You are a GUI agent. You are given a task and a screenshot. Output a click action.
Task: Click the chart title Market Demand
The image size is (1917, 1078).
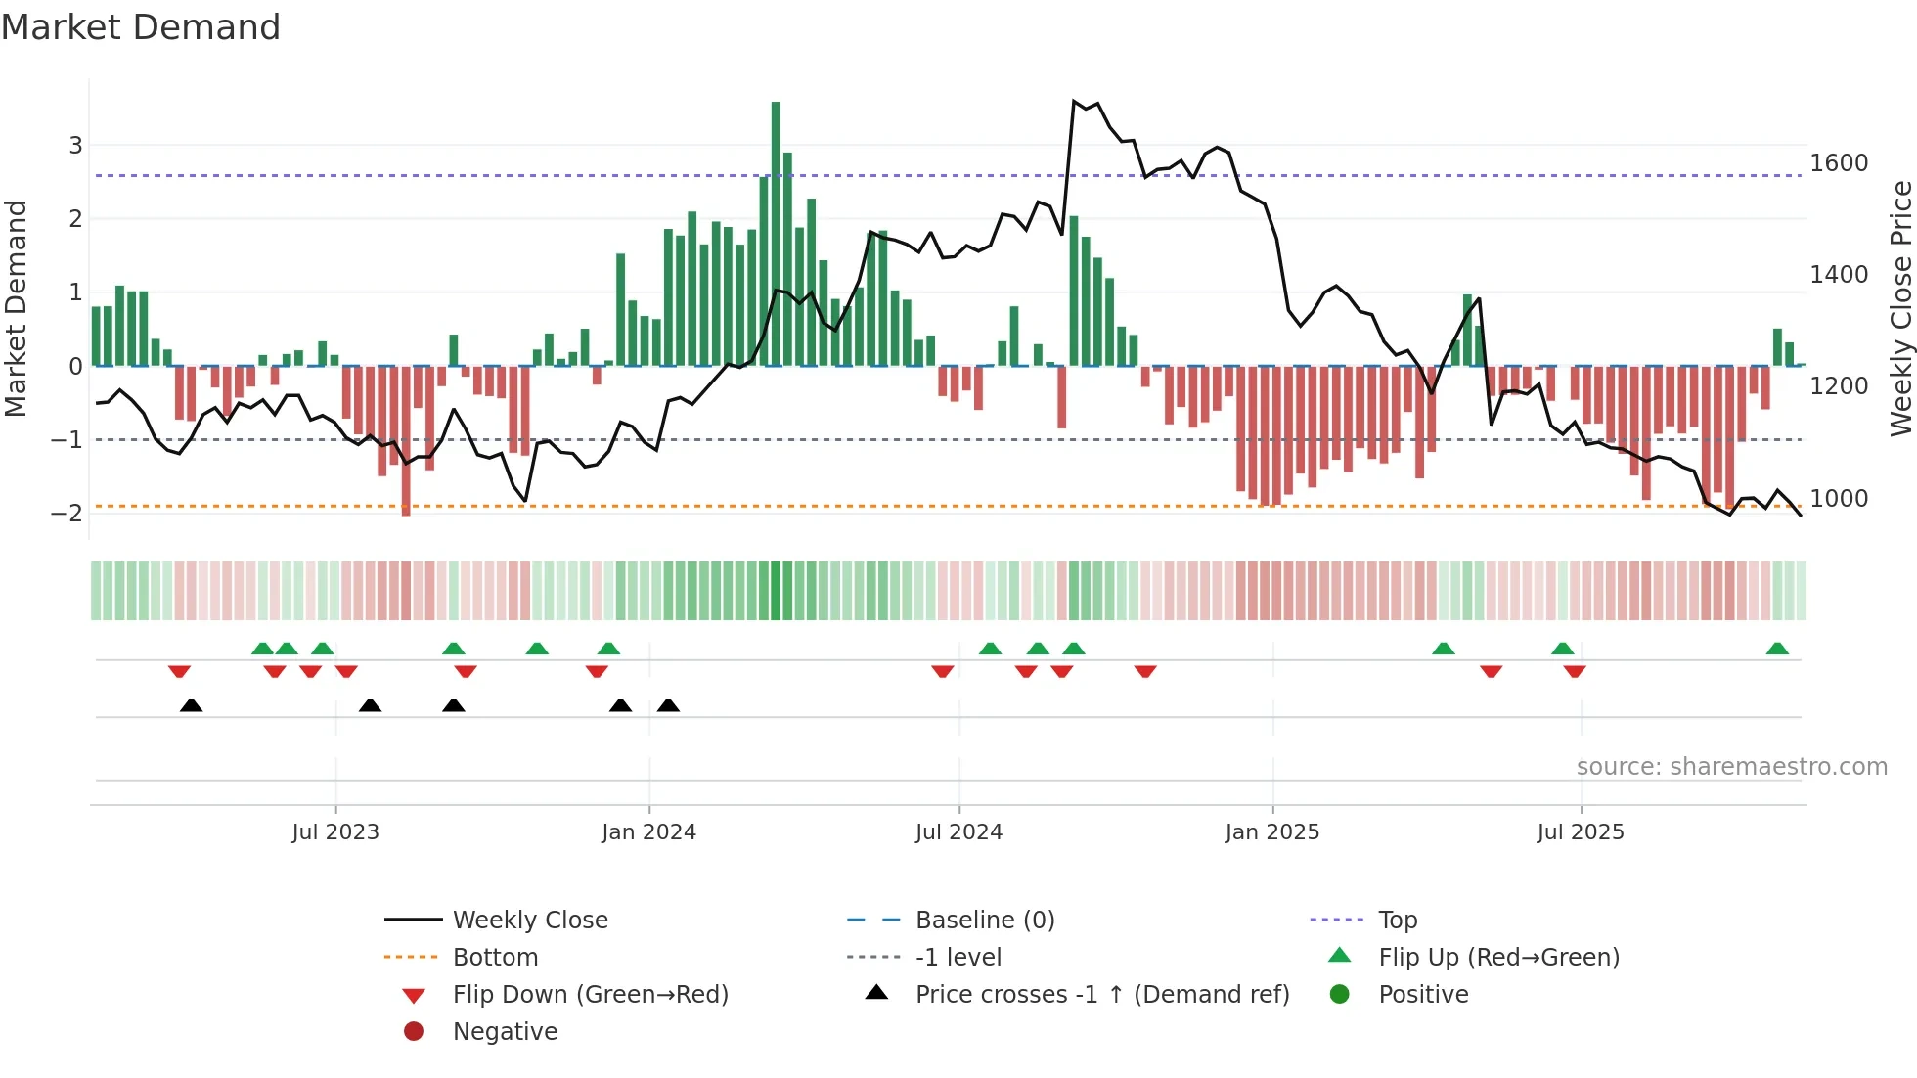pyautogui.click(x=141, y=27)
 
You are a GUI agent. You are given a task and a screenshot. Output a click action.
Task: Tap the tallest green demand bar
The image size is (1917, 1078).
pyautogui.click(x=776, y=235)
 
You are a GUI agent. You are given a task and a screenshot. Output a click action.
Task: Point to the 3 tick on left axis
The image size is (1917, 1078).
pyautogui.click(x=75, y=146)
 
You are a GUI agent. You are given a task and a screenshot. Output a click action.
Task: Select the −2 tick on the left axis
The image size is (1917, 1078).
pyautogui.click(x=67, y=514)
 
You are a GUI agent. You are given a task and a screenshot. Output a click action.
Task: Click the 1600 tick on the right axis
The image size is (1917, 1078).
pyautogui.click(x=1839, y=163)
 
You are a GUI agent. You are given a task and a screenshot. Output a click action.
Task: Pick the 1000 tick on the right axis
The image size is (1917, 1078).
pyautogui.click(x=1839, y=499)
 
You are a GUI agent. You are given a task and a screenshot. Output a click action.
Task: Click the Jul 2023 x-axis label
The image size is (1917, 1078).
pyautogui.click(x=334, y=832)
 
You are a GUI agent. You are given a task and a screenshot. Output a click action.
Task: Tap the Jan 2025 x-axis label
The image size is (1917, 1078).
pyautogui.click(x=1271, y=832)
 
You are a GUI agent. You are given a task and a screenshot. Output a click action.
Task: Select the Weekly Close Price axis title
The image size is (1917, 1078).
pyautogui.click(x=1900, y=308)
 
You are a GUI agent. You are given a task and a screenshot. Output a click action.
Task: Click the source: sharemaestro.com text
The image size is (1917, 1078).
pyautogui.click(x=1731, y=767)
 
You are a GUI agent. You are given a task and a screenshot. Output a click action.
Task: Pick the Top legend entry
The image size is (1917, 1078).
pyautogui.click(x=1397, y=921)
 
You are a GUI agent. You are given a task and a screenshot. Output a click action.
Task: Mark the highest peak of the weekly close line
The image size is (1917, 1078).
pyautogui.click(x=1074, y=101)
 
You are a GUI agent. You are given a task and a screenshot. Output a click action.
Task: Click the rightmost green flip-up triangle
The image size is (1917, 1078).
pyautogui.click(x=1777, y=649)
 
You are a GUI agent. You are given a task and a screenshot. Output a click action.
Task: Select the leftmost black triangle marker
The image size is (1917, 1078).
pyautogui.click(x=192, y=705)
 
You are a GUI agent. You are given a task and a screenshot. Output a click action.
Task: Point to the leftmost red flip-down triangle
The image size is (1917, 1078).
pyautogui.click(x=179, y=671)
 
